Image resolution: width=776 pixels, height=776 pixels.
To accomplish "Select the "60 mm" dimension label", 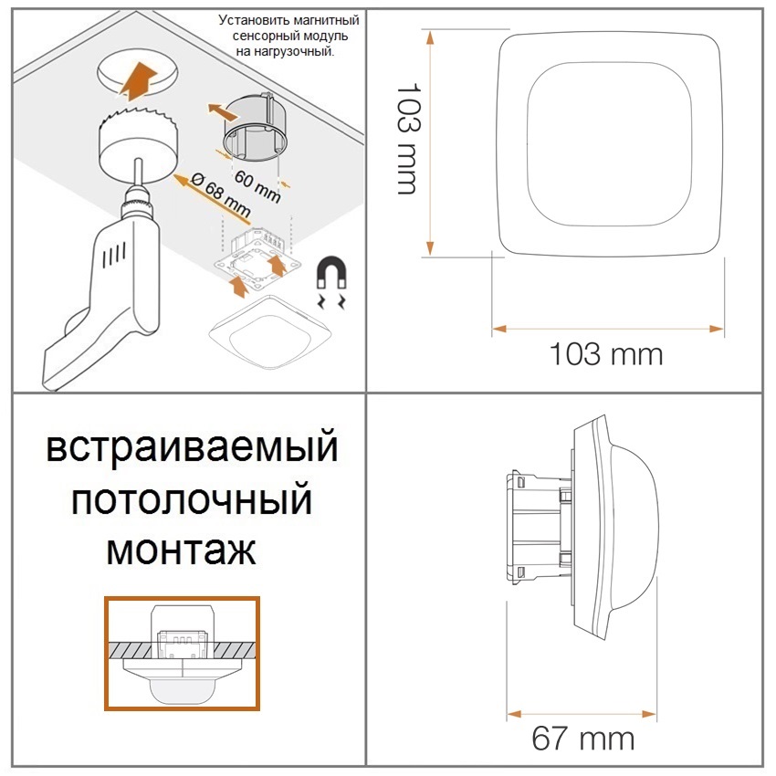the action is pos(257,185).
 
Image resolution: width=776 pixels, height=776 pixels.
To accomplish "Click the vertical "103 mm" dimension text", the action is pos(409,139).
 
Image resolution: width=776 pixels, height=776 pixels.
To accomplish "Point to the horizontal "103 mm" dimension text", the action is pos(606,354).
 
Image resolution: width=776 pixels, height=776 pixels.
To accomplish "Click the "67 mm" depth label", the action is pos(583,739).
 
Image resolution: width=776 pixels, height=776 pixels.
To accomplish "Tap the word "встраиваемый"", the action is pos(192,447).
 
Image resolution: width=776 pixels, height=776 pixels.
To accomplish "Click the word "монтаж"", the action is pos(181,550).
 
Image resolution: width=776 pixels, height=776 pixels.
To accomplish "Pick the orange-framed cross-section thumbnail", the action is pos(182,654).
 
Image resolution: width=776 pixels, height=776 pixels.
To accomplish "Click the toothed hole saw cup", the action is pos(139,142).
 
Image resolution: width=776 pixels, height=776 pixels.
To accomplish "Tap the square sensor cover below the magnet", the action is pos(270,332).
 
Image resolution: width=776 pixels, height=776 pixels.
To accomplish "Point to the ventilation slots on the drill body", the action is pos(114,254).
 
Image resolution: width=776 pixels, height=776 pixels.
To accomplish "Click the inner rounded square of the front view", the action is pos(609,143).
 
